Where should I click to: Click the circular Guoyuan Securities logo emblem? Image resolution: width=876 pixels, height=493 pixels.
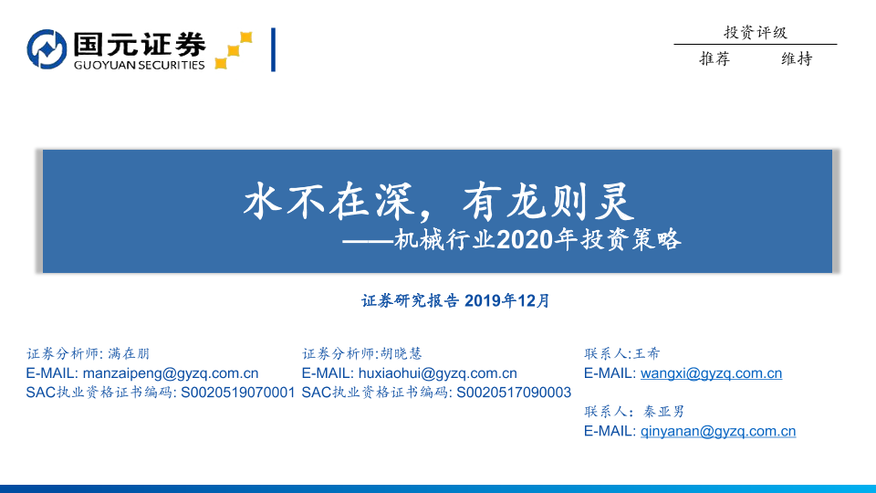pos(47,49)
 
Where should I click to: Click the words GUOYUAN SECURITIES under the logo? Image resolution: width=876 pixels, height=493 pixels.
pos(139,65)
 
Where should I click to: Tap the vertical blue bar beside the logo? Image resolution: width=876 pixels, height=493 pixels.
pos(273,49)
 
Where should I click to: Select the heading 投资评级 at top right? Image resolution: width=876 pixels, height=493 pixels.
pos(756,33)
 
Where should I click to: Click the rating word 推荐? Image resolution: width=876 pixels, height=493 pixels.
pos(714,58)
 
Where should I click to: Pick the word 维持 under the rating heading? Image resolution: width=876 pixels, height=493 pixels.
pos(797,58)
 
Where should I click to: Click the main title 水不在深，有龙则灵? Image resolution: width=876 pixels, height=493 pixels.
pos(439,201)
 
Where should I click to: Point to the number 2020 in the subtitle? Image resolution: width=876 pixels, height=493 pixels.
pos(524,240)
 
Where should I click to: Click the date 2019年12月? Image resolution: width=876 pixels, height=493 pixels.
pos(506,300)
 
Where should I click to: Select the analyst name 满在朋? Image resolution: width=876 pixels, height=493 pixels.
pos(129,353)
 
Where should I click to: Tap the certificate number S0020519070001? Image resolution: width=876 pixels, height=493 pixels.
pos(238,393)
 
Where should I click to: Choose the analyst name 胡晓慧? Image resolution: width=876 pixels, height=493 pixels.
pos(401,353)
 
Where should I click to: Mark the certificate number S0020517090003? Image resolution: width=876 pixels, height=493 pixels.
pos(514,393)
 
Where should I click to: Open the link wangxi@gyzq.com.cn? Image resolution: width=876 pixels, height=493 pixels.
pos(711,372)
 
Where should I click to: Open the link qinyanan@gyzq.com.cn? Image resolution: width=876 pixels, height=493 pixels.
pos(718,431)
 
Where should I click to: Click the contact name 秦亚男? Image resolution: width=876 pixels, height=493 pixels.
pos(663,412)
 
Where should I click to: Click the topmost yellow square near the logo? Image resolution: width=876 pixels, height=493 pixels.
pos(245,37)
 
